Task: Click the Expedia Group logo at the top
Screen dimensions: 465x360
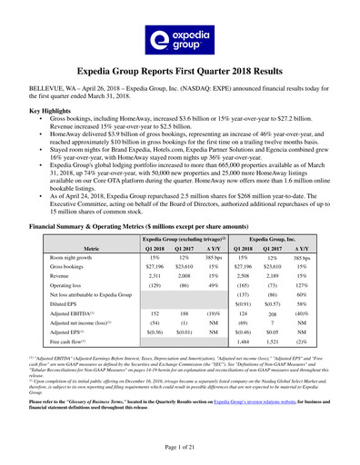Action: [180, 37]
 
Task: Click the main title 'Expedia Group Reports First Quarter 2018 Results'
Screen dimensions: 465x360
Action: [180, 69]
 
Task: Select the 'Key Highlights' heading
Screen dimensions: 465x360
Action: [54, 110]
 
